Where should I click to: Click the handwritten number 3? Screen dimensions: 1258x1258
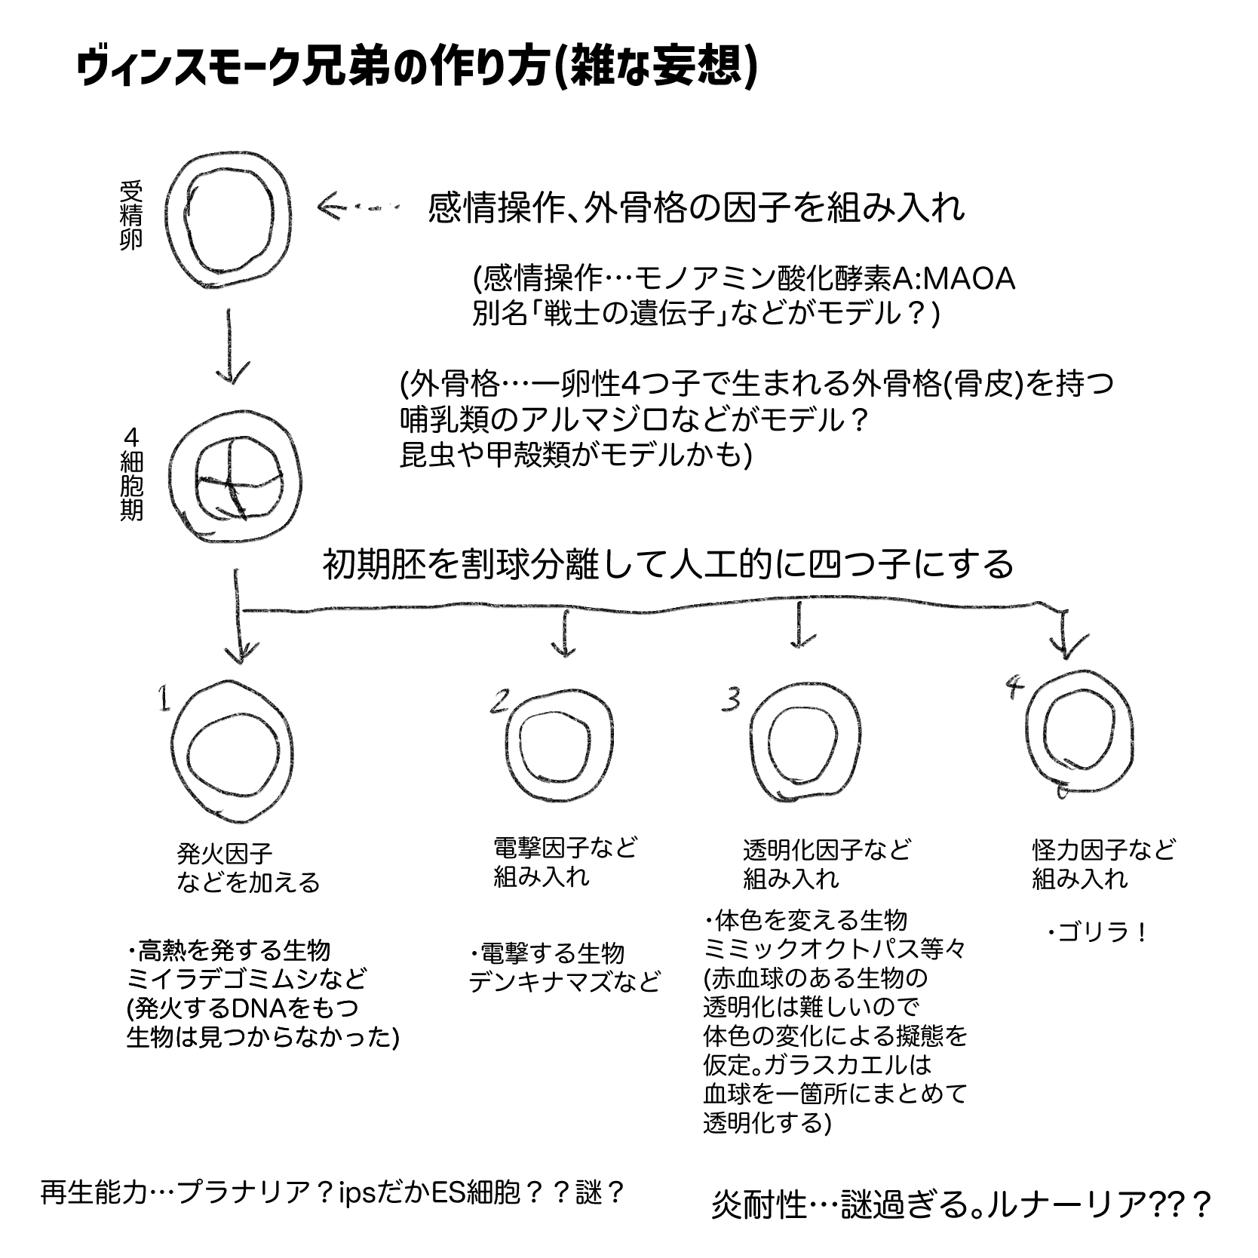(729, 699)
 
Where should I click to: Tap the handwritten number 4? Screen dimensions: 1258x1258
(1015, 686)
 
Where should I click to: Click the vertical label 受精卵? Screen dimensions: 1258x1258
(130, 215)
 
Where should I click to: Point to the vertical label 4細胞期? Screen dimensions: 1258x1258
(131, 474)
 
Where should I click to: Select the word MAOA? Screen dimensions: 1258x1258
(968, 279)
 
